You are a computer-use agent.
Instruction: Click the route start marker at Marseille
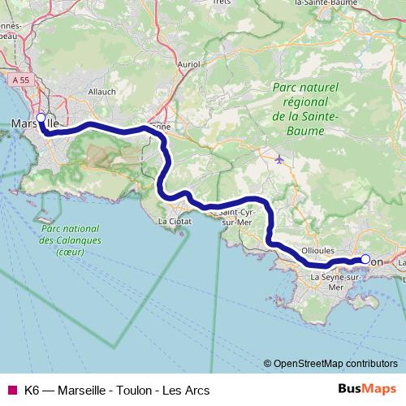point(41,117)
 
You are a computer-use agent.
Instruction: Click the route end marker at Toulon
point(365,260)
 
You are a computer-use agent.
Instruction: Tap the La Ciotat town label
point(175,221)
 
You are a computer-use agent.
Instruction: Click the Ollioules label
point(317,252)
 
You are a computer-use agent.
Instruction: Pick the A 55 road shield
point(23,80)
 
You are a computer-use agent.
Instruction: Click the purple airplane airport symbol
point(280,158)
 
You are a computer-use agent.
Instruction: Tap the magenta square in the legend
point(11,391)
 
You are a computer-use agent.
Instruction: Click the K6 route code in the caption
point(32,391)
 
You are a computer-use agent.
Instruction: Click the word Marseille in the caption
point(81,391)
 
